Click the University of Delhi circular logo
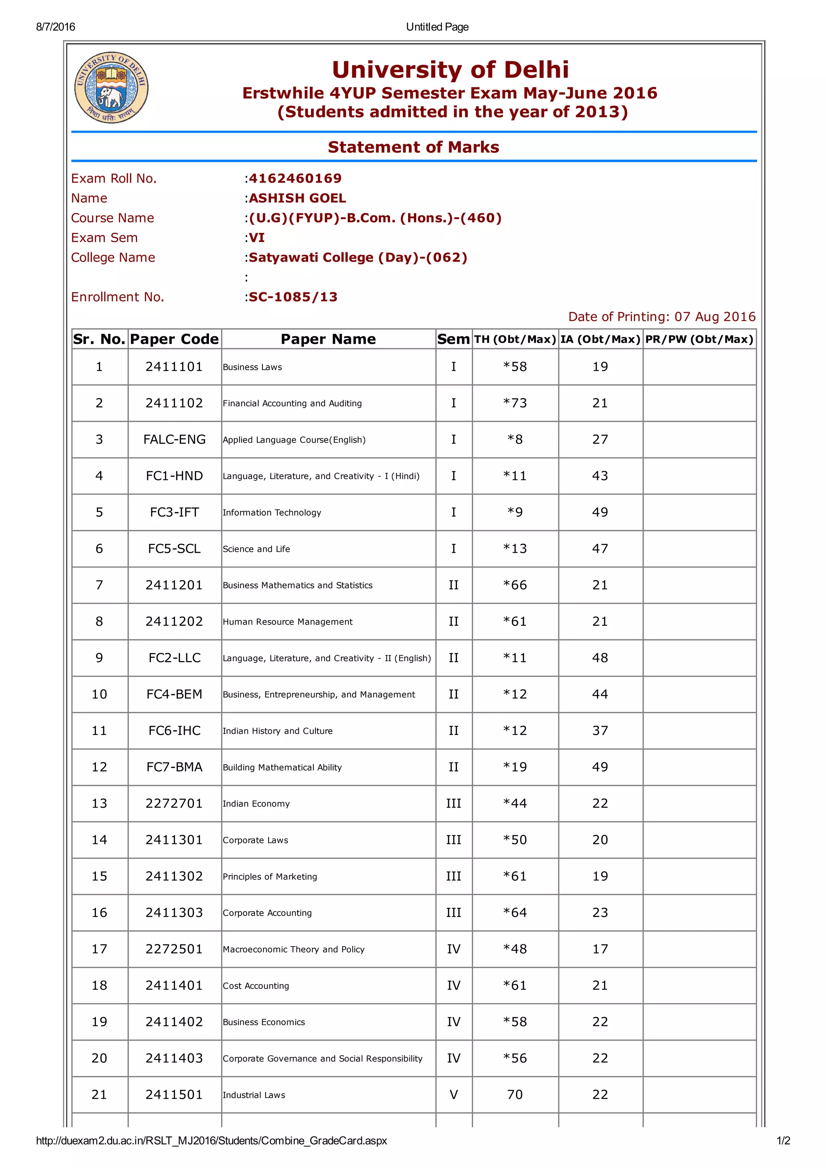click(x=111, y=87)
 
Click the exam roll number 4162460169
click(x=295, y=179)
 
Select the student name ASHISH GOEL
click(x=297, y=198)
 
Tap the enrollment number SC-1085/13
click(x=293, y=297)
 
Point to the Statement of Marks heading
click(x=413, y=147)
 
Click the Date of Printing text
click(x=661, y=317)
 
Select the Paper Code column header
click(x=174, y=339)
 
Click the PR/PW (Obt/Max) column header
click(x=699, y=339)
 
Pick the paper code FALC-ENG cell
click(x=174, y=439)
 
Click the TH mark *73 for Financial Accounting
click(x=515, y=403)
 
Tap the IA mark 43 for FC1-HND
click(x=600, y=476)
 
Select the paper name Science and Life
click(x=256, y=549)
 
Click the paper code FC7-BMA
click(x=174, y=767)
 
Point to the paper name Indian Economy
click(x=256, y=804)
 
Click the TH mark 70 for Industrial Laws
click(x=515, y=1095)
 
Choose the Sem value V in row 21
click(x=453, y=1095)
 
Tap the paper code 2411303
click(x=174, y=913)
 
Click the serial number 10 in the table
click(x=99, y=694)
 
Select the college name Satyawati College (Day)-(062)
click(x=358, y=257)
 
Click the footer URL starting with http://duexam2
click(x=211, y=1141)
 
